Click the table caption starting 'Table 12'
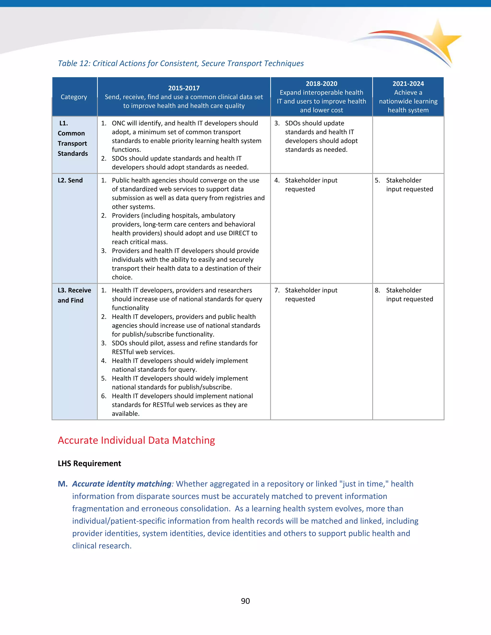181,63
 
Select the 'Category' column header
74,97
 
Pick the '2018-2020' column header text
321,84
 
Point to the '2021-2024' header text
408,84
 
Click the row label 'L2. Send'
70,180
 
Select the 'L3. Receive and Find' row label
74,295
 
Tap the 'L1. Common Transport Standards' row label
72,139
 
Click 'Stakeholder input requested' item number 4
311,185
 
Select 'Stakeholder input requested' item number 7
311,294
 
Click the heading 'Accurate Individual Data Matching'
136,440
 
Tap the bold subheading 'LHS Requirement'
89,463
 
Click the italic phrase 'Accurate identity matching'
122,484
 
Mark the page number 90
245,601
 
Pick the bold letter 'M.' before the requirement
63,484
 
